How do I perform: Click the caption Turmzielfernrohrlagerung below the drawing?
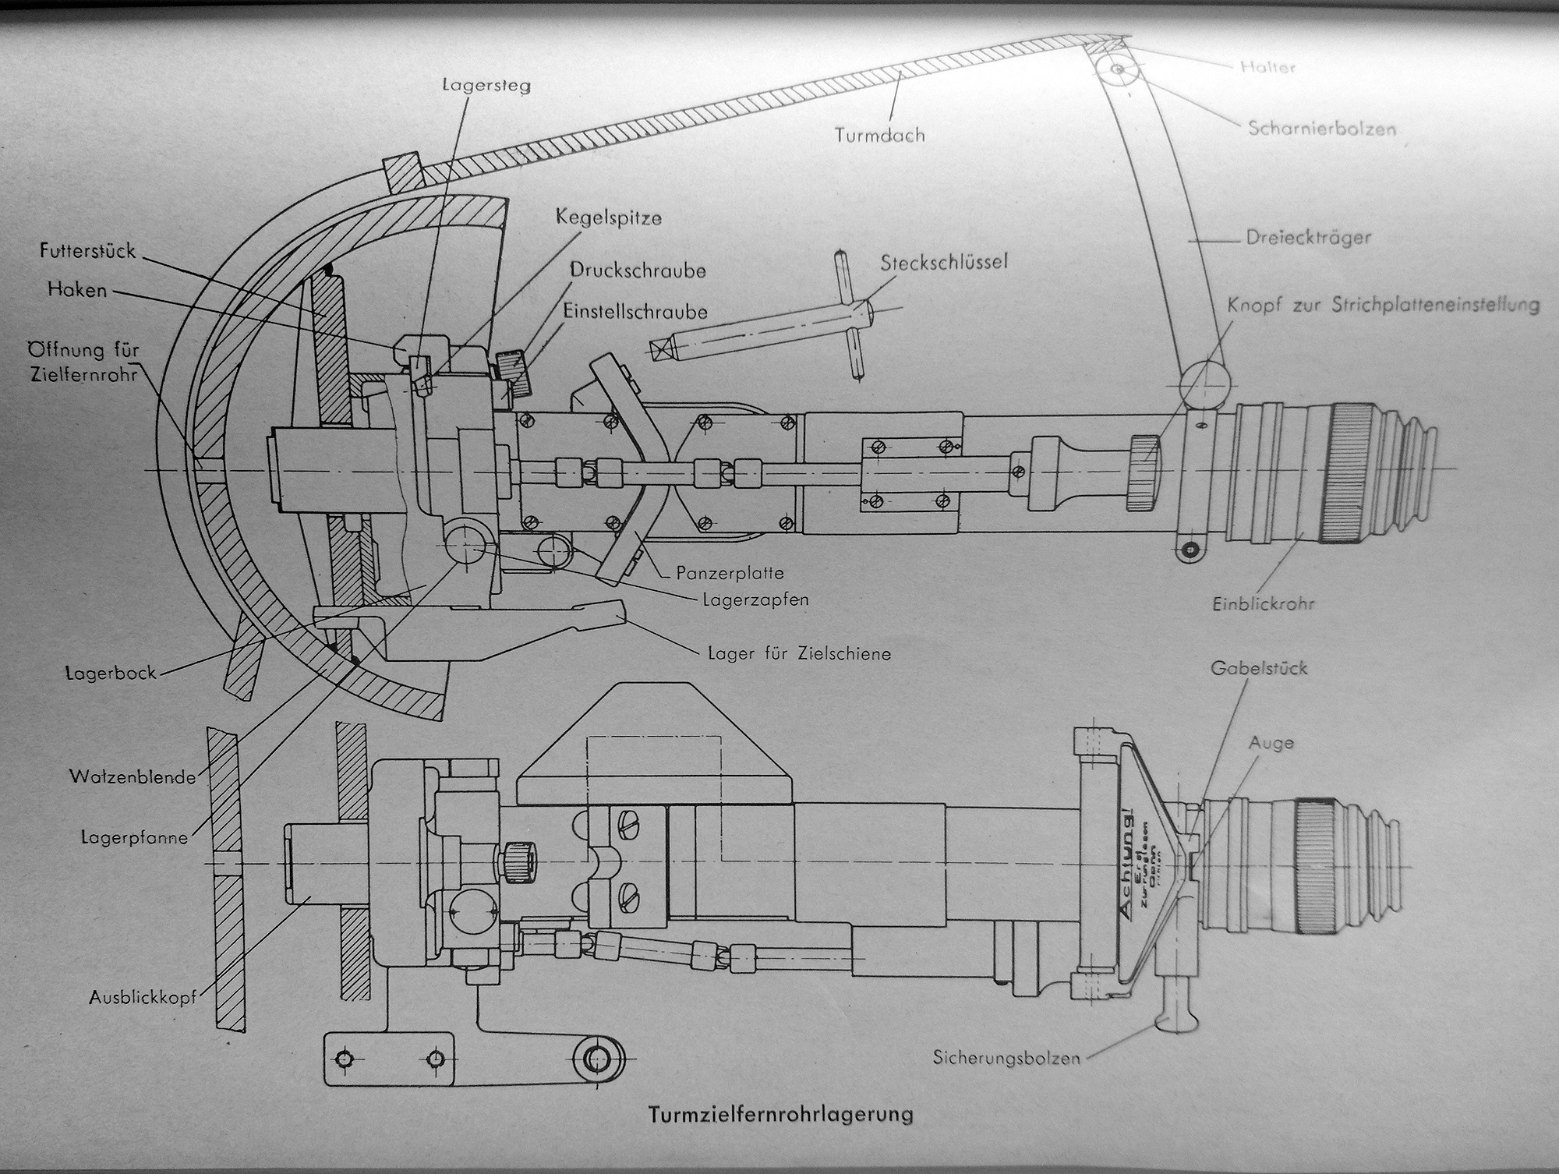(x=780, y=1114)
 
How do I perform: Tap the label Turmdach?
(x=879, y=135)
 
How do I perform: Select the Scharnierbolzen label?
(x=1322, y=128)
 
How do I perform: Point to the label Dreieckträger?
(x=1308, y=237)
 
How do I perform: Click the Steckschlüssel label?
(x=944, y=262)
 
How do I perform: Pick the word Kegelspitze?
(x=609, y=217)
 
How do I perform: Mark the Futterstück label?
(x=87, y=251)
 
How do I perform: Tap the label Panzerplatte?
(x=730, y=573)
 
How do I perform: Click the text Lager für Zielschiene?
(x=799, y=653)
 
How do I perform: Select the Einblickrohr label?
(x=1264, y=603)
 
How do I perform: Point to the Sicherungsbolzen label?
(x=1006, y=1058)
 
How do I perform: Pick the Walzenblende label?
(x=133, y=776)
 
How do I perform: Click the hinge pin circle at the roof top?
(x=1117, y=69)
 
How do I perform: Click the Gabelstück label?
(x=1259, y=668)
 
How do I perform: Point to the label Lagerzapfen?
(x=755, y=599)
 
